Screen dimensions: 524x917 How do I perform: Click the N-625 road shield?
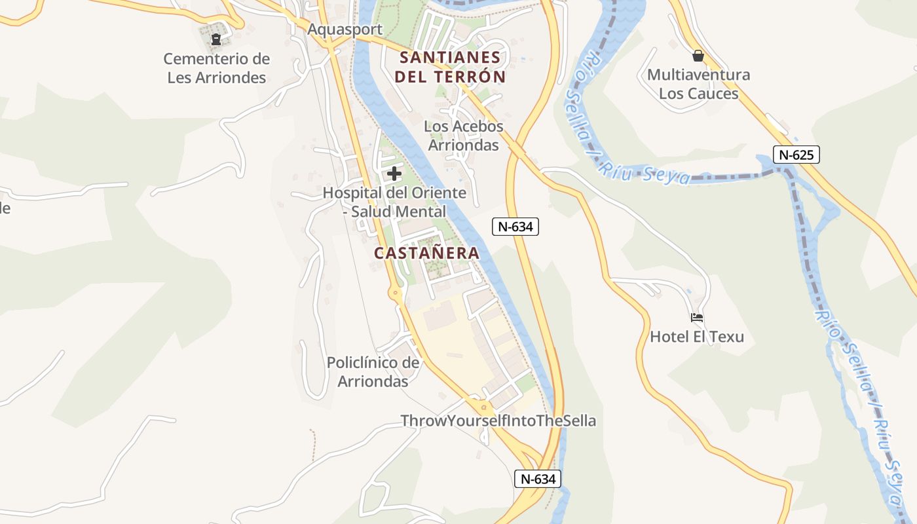796,155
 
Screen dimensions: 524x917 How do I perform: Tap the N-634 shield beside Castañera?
515,227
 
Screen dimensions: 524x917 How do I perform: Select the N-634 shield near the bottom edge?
537,479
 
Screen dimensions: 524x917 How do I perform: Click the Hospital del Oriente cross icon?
394,174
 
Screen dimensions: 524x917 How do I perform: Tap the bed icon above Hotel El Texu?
697,318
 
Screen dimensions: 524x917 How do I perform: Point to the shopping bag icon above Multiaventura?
698,56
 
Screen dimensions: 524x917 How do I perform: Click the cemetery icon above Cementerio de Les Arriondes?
215,39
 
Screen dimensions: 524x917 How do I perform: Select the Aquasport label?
345,29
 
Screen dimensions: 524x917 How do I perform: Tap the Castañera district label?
426,253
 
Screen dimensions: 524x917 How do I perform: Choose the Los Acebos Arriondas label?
464,136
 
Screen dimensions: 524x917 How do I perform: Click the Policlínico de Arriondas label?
373,372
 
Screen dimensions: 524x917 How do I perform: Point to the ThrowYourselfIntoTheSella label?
498,421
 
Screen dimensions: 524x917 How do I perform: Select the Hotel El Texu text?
697,337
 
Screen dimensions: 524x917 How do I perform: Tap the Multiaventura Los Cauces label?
698,84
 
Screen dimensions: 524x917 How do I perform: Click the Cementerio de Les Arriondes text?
216,68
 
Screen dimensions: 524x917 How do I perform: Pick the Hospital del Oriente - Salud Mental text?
394,202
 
